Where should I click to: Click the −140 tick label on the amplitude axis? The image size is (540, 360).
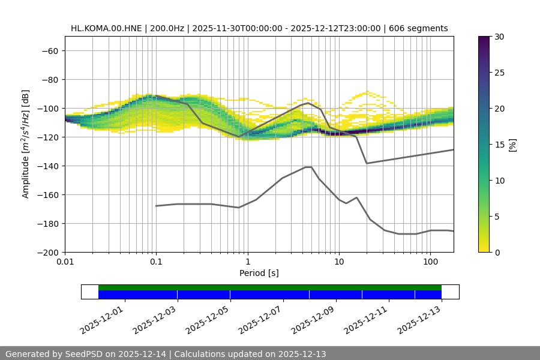(x=48, y=166)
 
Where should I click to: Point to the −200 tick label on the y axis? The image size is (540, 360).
(x=48, y=252)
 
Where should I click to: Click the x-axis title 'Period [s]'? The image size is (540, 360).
(x=259, y=273)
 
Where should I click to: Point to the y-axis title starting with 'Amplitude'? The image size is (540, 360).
(x=26, y=144)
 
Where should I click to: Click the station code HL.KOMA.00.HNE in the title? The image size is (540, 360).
(x=107, y=28)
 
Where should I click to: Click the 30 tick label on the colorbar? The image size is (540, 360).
(x=498, y=37)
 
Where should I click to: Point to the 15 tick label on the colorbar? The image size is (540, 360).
(x=498, y=145)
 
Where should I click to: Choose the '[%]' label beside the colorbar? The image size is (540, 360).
(x=512, y=144)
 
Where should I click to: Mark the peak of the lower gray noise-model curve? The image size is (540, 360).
(x=308, y=167)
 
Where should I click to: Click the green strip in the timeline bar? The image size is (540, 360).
(x=270, y=287)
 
